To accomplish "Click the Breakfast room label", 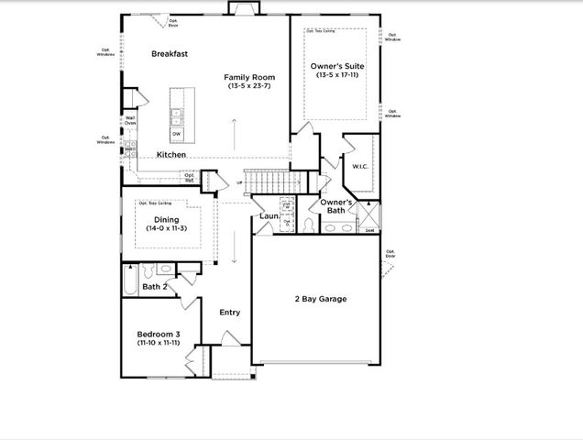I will [170, 54].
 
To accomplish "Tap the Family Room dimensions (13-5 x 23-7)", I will [249, 88].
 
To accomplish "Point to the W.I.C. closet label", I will [359, 166].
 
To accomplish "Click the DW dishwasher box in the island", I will [176, 134].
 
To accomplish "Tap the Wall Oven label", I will [130, 120].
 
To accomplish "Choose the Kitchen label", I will [171, 155].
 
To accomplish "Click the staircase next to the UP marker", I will [271, 182].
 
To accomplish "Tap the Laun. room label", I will [269, 216].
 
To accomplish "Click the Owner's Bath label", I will [336, 205].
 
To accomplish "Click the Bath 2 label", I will [154, 287].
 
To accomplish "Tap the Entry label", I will [229, 313].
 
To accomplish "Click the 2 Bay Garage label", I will [320, 299].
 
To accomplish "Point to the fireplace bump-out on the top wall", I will [244, 8].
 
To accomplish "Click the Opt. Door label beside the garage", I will [390, 254].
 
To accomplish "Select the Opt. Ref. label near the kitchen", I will [189, 177].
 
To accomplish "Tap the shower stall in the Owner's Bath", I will [369, 216].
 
